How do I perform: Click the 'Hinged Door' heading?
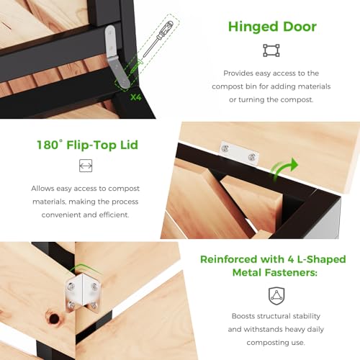pyautogui.click(x=272, y=27)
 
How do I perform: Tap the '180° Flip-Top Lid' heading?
pyautogui.click(x=88, y=145)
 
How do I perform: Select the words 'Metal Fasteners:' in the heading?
pyautogui.click(x=275, y=273)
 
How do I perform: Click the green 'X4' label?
pyautogui.click(x=136, y=97)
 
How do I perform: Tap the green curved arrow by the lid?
pyautogui.click(x=284, y=168)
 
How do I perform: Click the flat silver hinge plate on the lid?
pyautogui.click(x=239, y=153)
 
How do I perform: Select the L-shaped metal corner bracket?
pyautogui.click(x=82, y=294)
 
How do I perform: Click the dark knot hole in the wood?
pyautogui.click(x=54, y=318)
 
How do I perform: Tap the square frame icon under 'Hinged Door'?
pyautogui.click(x=271, y=50)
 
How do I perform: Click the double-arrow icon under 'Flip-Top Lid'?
pyautogui.click(x=86, y=166)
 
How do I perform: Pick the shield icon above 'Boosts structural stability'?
pyautogui.click(x=276, y=296)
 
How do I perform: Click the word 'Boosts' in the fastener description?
pyautogui.click(x=243, y=316)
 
